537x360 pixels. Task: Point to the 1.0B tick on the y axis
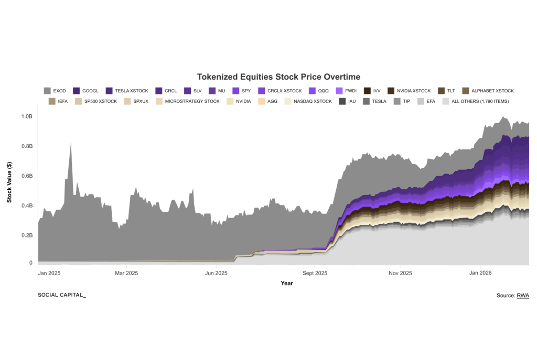coord(26,116)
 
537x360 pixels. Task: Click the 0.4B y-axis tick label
coord(26,205)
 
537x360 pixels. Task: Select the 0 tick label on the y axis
coord(30,263)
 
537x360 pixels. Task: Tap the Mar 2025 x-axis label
coord(126,273)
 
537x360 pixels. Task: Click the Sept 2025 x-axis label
coord(315,273)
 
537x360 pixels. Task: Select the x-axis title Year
coord(286,283)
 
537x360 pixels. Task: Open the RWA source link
coord(523,296)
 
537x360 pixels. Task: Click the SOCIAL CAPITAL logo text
coord(61,295)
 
